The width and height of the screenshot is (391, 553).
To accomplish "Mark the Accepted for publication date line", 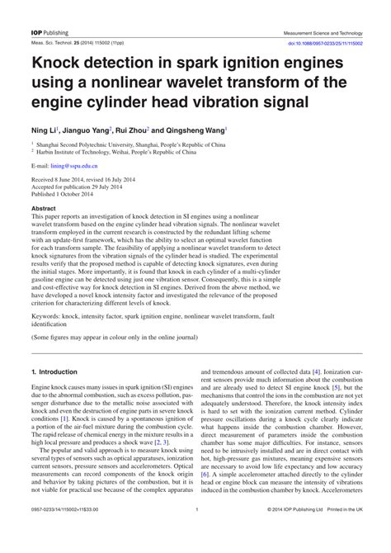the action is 80,187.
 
